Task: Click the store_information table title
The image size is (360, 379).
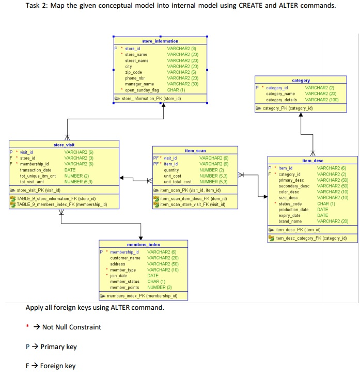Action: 160,41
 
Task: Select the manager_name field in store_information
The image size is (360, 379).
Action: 139,84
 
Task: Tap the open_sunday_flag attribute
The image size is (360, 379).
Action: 142,89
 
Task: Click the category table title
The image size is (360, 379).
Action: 301,81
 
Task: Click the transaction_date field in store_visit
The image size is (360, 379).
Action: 36,170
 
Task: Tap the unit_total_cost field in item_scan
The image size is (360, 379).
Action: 178,182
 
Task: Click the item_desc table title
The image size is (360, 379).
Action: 312,161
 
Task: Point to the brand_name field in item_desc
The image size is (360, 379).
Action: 290,221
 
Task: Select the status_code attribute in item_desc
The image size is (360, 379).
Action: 290,203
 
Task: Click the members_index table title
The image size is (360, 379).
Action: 143,244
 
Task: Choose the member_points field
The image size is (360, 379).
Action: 125,287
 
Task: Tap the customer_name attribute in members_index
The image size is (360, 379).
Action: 126,258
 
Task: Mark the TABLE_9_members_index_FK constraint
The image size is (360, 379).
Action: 61,204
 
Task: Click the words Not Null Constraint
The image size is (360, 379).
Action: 72,327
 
